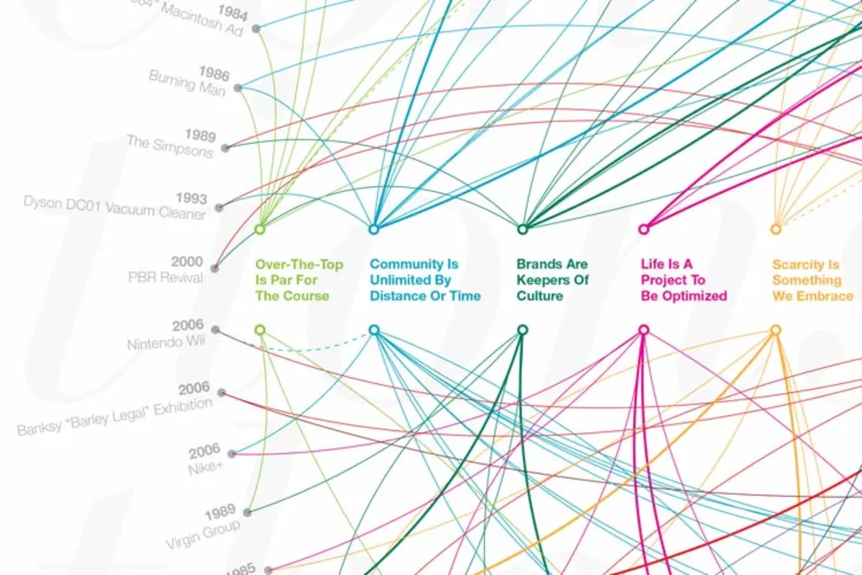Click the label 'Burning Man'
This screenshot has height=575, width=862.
tap(187, 83)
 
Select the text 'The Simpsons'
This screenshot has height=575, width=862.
tap(170, 145)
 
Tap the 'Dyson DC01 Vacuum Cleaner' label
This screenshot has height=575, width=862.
tap(114, 206)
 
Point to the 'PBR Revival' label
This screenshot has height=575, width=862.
tap(165, 277)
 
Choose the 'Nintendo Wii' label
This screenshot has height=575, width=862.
tap(167, 343)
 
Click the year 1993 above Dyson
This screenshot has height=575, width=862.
tap(191, 199)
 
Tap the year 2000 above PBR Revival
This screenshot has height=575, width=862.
tap(187, 262)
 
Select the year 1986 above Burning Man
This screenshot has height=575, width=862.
tap(214, 74)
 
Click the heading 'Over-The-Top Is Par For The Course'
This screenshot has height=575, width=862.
tap(299, 280)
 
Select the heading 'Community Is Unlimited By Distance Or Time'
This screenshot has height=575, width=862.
tap(425, 280)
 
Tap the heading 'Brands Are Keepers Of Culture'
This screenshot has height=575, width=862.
tap(552, 280)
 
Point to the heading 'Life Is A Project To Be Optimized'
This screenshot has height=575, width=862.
tap(683, 280)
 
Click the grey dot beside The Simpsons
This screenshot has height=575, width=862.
tap(225, 148)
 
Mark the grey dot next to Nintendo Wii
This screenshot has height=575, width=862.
tap(215, 329)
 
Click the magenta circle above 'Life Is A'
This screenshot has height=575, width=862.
tap(644, 229)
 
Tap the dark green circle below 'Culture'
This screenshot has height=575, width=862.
tap(522, 330)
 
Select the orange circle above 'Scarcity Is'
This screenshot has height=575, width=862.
tap(775, 229)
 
